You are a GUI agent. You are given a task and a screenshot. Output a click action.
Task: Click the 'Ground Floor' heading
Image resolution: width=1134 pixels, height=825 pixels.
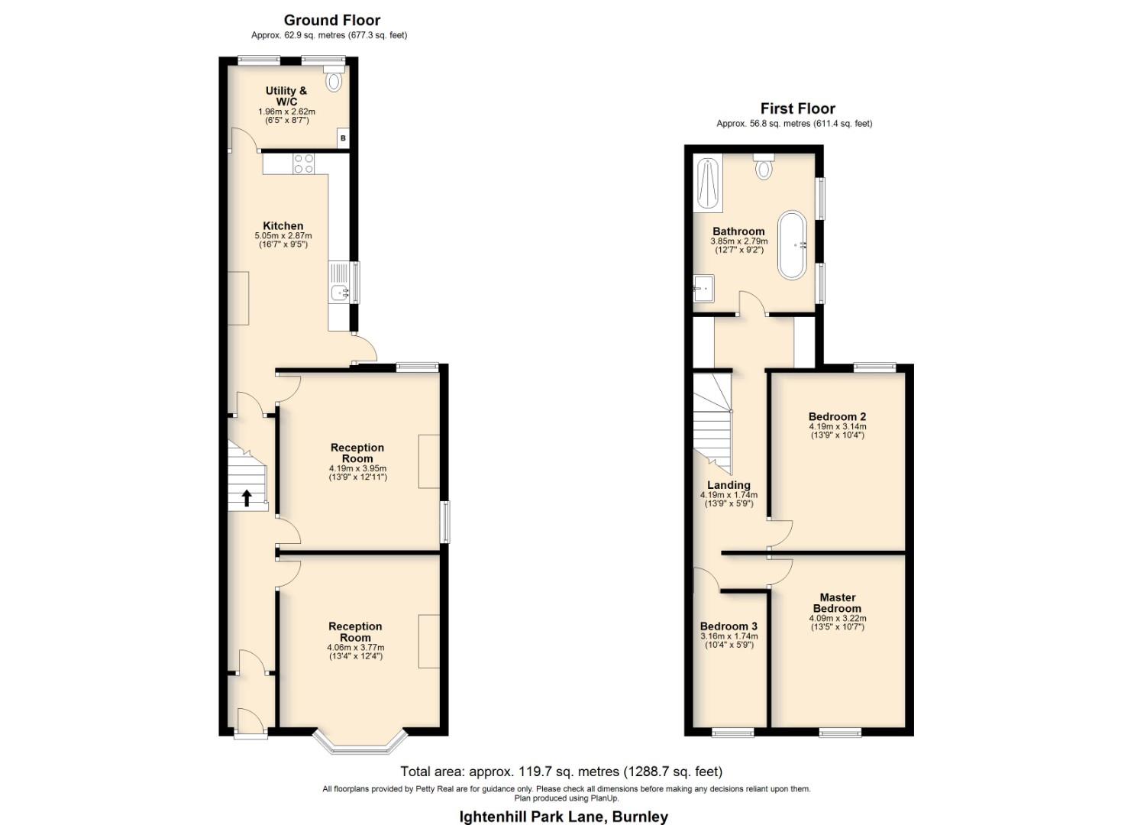(331, 21)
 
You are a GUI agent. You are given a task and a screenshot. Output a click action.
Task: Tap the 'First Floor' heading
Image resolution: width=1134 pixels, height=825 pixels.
(797, 108)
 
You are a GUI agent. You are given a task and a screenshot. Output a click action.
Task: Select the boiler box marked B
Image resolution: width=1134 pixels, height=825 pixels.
(343, 138)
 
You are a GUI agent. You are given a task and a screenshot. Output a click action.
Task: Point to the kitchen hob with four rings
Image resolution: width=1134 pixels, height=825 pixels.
(304, 163)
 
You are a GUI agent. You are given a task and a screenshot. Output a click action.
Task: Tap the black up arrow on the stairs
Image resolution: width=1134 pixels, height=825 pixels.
(247, 498)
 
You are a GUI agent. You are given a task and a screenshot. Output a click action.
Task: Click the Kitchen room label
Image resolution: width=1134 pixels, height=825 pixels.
(283, 226)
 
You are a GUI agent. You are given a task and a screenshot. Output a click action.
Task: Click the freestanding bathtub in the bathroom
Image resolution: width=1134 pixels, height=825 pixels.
(792, 245)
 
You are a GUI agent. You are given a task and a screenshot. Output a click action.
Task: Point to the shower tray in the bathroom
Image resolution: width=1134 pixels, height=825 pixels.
(708, 183)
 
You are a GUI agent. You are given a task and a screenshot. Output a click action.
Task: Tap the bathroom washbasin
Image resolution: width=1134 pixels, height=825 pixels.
(703, 289)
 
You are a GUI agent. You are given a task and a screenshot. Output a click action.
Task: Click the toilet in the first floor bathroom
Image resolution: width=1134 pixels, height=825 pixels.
(764, 167)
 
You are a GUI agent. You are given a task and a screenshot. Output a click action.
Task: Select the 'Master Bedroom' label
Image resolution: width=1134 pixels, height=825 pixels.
(837, 603)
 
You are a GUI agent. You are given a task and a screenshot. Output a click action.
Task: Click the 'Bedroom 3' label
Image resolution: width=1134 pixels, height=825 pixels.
(729, 626)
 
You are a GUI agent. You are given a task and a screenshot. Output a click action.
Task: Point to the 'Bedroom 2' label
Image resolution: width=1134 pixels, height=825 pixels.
(837, 417)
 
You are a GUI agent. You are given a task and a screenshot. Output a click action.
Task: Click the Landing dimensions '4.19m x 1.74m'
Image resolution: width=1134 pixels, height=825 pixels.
(729, 495)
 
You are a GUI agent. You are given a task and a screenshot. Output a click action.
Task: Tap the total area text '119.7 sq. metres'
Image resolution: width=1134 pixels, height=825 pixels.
(544, 772)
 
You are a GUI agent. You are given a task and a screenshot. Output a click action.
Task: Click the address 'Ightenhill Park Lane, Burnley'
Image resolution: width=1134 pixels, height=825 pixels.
(564, 817)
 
